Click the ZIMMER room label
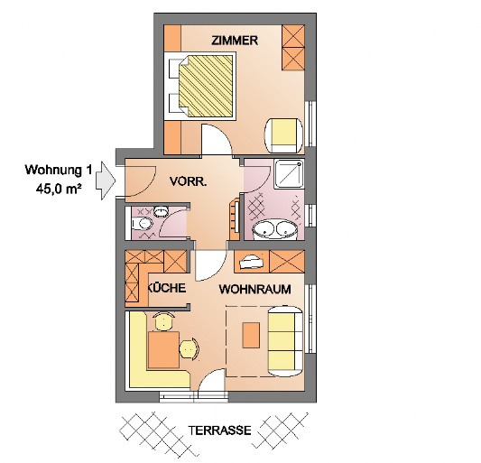pyautogui.click(x=235, y=41)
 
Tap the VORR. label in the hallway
pyautogui.click(x=189, y=182)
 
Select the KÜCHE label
pyautogui.click(x=168, y=288)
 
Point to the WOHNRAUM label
pyautogui.click(x=254, y=289)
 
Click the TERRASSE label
pyautogui.click(x=219, y=431)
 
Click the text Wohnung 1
pyautogui.click(x=59, y=170)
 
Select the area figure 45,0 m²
pyautogui.click(x=59, y=189)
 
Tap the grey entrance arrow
pyautogui.click(x=106, y=181)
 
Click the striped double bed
pyautogui.click(x=206, y=86)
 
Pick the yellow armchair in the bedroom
pyautogui.click(x=283, y=135)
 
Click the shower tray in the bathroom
pyautogui.click(x=290, y=173)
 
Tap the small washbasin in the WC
pyautogui.click(x=161, y=211)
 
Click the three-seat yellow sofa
pyautogui.click(x=285, y=340)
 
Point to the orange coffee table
pyautogui.click(x=251, y=335)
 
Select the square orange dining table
pyautogui.click(x=163, y=349)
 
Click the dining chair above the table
pyautogui.click(x=164, y=321)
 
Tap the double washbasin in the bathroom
pyautogui.click(x=275, y=229)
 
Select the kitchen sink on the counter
pyautogui.click(x=252, y=262)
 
